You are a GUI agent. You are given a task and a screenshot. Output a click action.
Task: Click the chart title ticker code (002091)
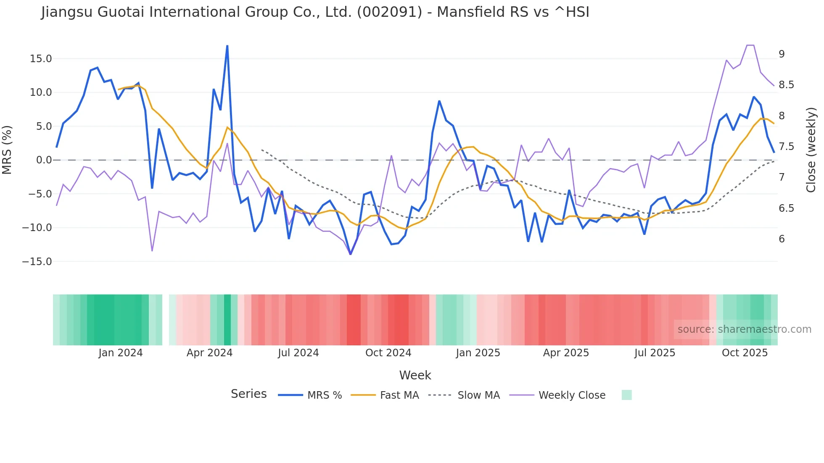(389, 12)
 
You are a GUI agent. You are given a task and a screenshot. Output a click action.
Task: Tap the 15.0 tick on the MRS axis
(41, 59)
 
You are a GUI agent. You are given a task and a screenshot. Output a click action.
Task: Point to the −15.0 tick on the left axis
(37, 262)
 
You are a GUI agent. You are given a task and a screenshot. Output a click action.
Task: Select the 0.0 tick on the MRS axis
(44, 160)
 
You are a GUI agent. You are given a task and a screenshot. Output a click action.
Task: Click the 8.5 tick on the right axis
(786, 85)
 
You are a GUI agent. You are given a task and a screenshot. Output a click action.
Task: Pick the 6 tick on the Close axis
(782, 239)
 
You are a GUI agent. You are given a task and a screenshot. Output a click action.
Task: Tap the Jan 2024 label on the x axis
(121, 353)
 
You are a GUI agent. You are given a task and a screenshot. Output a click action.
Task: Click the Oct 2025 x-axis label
(745, 353)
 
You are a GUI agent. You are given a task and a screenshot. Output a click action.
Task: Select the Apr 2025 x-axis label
(566, 353)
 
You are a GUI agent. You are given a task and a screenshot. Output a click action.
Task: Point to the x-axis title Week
(415, 375)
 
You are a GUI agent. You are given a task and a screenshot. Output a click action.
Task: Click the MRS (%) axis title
(7, 150)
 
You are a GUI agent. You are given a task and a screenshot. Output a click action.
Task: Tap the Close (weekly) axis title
(811, 150)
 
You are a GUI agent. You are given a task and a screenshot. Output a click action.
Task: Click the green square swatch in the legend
(626, 395)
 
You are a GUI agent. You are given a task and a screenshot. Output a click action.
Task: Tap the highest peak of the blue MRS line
(227, 46)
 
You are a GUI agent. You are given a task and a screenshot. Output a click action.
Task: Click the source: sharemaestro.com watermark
(744, 329)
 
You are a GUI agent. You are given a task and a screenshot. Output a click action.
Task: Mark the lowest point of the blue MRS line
(351, 254)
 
